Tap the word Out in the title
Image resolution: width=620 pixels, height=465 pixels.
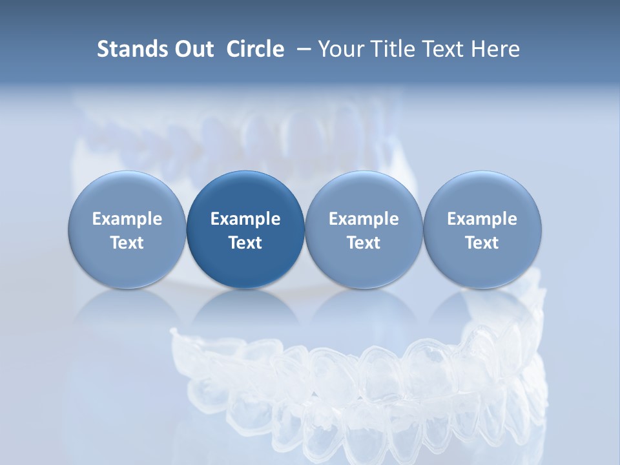point(192,49)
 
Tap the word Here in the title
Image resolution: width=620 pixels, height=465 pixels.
point(495,49)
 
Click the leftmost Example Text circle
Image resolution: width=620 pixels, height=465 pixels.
point(127,230)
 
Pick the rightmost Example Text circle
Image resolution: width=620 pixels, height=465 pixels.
point(482,230)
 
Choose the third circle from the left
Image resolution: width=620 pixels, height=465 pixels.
point(364,230)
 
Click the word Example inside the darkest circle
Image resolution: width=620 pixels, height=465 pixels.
point(245,219)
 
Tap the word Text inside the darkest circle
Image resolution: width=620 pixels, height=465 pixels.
point(245,243)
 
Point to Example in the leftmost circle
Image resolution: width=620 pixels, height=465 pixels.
point(127,219)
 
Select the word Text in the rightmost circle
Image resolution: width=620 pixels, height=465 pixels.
point(482,243)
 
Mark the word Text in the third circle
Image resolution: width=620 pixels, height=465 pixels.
point(364,243)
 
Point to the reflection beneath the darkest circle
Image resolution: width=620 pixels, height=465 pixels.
point(245,310)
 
